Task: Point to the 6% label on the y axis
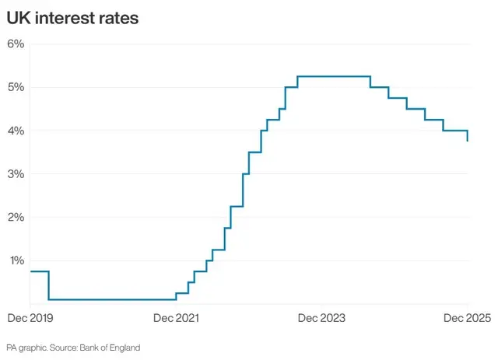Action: pyautogui.click(x=16, y=44)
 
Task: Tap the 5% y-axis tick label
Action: pyautogui.click(x=16, y=87)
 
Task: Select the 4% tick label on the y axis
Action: pyautogui.click(x=16, y=131)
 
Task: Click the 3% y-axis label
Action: pyautogui.click(x=16, y=173)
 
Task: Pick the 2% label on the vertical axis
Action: pyautogui.click(x=16, y=217)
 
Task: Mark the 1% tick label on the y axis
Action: pyautogui.click(x=16, y=260)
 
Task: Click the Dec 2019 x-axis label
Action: pyautogui.click(x=29, y=318)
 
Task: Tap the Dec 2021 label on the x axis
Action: pyautogui.click(x=175, y=318)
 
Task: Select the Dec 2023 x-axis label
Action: pyautogui.click(x=322, y=318)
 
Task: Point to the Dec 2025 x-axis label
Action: pyautogui.click(x=467, y=318)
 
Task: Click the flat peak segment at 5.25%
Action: pyautogui.click(x=333, y=76)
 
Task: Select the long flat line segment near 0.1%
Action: pyautogui.click(x=112, y=299)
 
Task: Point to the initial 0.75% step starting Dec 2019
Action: pyautogui.click(x=39, y=271)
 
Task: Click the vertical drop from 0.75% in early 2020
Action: pyautogui.click(x=49, y=285)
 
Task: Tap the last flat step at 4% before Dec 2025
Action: pyautogui.click(x=455, y=131)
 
